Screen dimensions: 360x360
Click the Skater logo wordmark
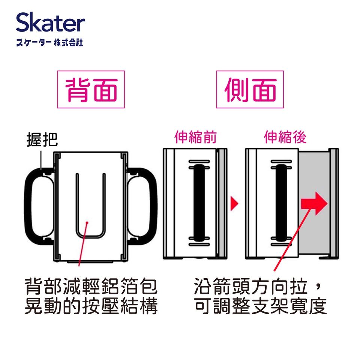[x=50, y=22]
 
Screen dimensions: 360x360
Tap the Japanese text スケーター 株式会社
[x=49, y=43]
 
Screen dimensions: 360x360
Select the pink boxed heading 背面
[x=91, y=89]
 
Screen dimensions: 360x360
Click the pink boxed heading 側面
[x=250, y=89]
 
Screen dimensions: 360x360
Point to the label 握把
[x=42, y=139]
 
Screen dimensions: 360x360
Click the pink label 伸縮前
[x=196, y=137]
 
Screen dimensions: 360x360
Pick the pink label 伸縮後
[x=285, y=137]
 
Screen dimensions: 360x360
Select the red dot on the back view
[x=87, y=222]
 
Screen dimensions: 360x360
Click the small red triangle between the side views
[x=234, y=203]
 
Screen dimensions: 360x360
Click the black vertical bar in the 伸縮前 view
[x=199, y=203]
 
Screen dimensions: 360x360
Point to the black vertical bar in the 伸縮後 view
[x=281, y=203]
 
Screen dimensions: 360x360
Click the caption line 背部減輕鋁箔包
[x=91, y=286]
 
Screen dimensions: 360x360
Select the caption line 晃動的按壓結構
[x=91, y=306]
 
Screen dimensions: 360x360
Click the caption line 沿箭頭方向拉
[x=251, y=286]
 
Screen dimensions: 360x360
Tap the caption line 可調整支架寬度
[x=260, y=306]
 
